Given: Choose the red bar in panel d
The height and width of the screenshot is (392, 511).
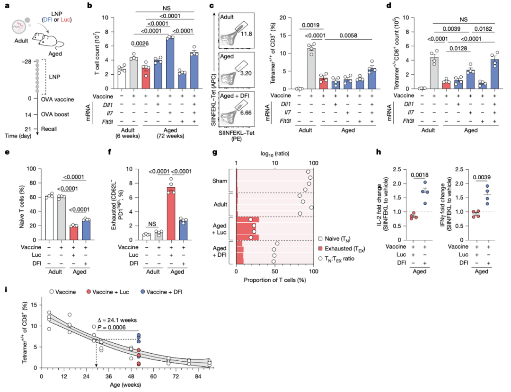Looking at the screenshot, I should click(445, 85).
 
